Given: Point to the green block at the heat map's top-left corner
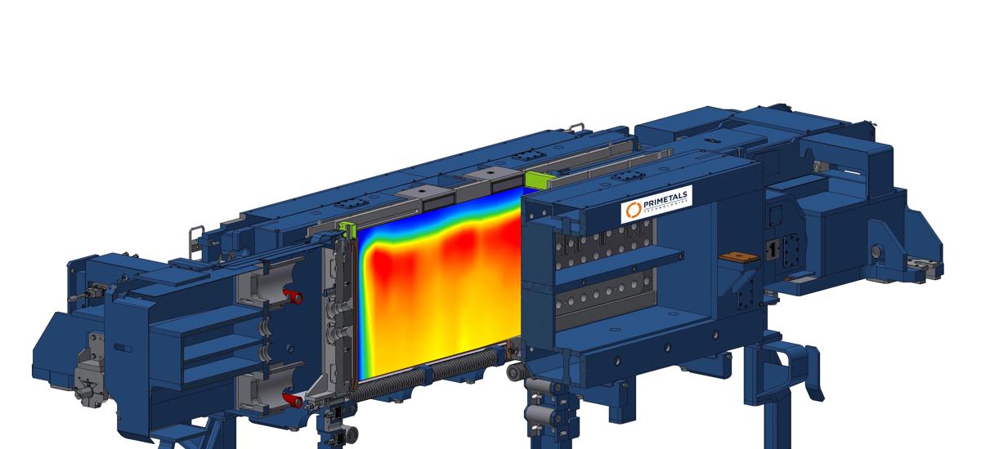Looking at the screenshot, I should (347, 231).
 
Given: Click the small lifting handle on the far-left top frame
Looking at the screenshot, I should (195, 236).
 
